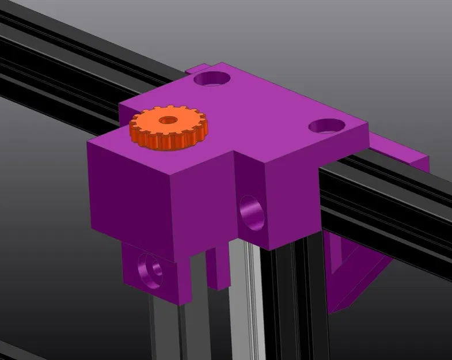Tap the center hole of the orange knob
(168, 120)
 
